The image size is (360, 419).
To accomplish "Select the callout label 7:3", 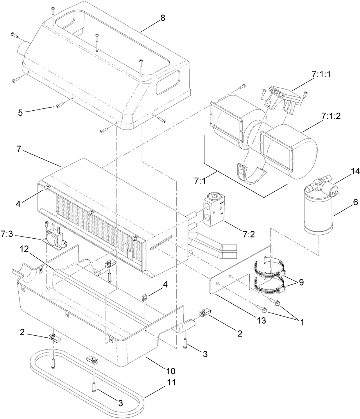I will point(7,234).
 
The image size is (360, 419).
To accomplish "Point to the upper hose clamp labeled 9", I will point(270,268).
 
